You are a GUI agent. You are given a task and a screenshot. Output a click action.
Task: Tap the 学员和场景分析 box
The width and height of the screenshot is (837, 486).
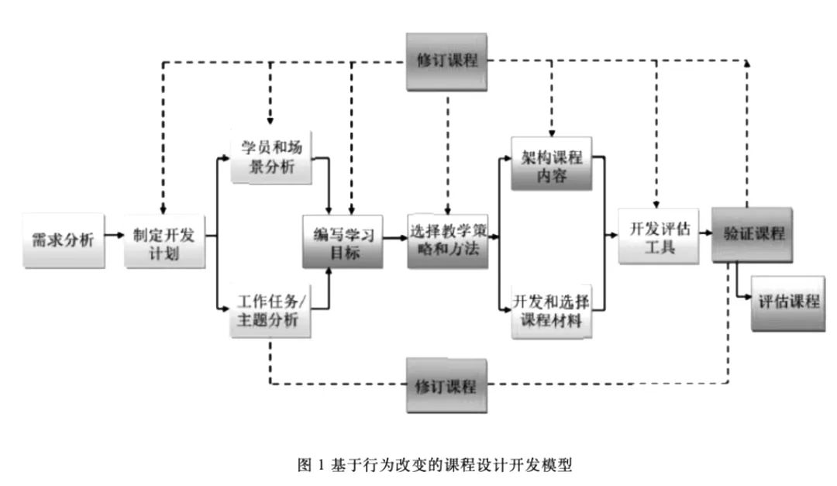pyautogui.click(x=270, y=159)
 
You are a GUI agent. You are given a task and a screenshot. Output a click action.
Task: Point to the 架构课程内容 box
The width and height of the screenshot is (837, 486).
pyautogui.click(x=552, y=164)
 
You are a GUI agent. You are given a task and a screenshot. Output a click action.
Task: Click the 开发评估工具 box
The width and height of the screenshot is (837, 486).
pyautogui.click(x=653, y=237)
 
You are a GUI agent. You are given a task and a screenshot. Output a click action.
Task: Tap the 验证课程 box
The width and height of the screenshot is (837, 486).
pyautogui.click(x=750, y=233)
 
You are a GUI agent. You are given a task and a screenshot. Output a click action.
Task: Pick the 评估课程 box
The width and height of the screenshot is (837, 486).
pyautogui.click(x=787, y=303)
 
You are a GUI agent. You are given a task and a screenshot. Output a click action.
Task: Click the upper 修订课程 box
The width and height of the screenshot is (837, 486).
pyautogui.click(x=447, y=61)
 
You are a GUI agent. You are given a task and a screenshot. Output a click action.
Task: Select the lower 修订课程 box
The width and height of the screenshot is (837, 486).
pyautogui.click(x=447, y=384)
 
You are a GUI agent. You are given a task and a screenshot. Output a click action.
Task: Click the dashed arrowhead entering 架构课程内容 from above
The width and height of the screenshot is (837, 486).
pyautogui.click(x=552, y=133)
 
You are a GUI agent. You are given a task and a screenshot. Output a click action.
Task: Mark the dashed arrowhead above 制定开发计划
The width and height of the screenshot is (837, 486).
pyautogui.click(x=163, y=209)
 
